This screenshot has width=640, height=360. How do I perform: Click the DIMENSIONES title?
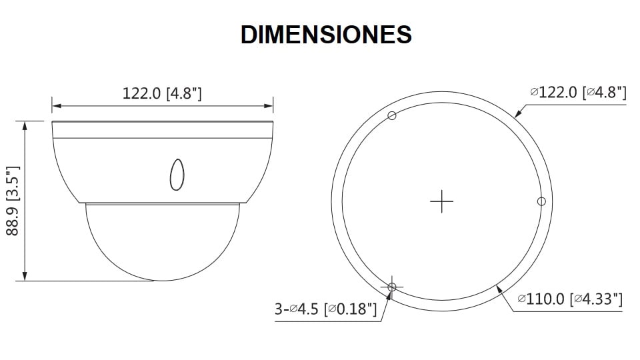tap(326, 35)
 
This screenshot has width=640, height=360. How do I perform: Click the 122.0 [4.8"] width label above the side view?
tap(162, 93)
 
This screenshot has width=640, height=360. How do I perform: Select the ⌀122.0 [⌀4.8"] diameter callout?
tap(578, 93)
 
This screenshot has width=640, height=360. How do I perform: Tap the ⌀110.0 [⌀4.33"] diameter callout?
tap(570, 299)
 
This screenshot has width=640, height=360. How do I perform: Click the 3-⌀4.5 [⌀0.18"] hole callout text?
tap(326, 309)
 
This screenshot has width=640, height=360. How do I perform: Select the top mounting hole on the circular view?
tap(392, 116)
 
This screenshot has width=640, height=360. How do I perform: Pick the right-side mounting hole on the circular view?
tap(541, 201)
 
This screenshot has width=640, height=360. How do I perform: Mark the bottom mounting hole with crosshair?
tap(392, 286)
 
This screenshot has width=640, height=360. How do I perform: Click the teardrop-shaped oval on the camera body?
tap(177, 173)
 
